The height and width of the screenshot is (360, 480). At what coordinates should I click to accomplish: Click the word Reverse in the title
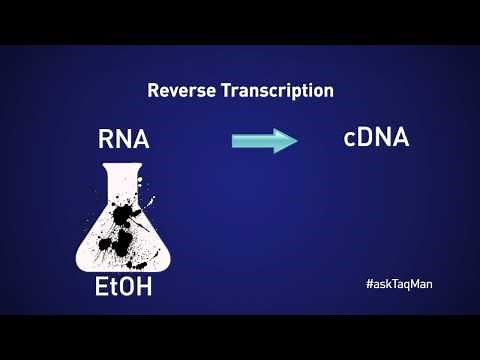[x=179, y=90]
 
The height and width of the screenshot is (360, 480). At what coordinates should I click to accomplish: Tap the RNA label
[x=123, y=140]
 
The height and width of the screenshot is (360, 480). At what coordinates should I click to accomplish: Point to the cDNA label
[x=376, y=137]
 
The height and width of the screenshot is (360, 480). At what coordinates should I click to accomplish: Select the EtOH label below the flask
[x=124, y=289]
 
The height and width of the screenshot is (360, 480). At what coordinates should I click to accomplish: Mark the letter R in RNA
[x=105, y=140]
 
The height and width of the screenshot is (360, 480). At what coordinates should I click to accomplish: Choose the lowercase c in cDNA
[x=350, y=139]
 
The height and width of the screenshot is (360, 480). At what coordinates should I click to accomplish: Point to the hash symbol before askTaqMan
[x=369, y=284]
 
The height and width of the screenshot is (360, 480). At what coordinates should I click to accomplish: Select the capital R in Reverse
[x=153, y=90]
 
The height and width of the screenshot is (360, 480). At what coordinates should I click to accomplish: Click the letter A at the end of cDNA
[x=400, y=137]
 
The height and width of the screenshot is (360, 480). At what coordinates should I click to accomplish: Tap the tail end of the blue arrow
[x=234, y=140]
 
